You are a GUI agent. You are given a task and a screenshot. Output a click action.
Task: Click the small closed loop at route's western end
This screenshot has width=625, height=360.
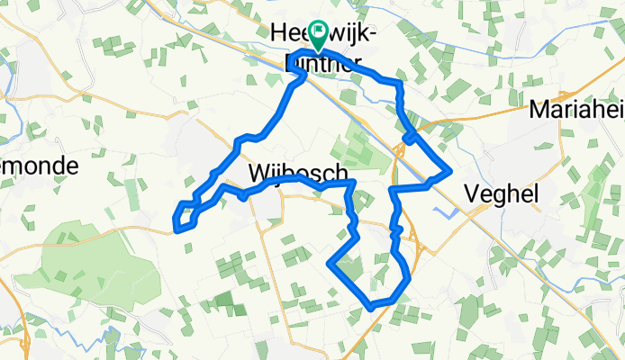185,215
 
